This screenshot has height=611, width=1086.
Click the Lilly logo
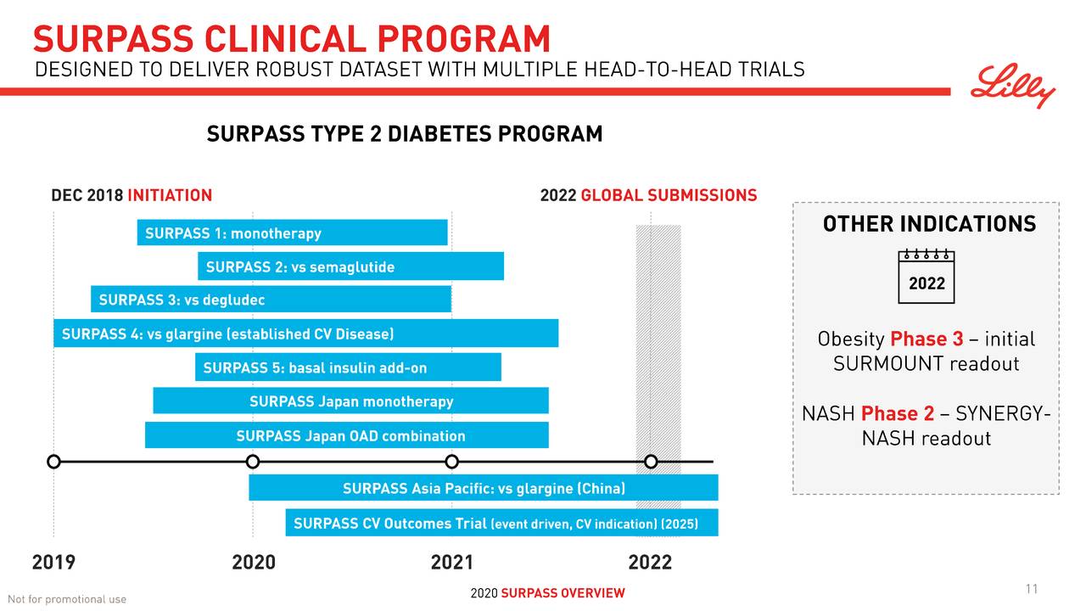[1013, 86]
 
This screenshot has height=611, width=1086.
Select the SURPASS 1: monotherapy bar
[292, 233]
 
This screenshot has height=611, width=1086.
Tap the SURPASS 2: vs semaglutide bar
[350, 266]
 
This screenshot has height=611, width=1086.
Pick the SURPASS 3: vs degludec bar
[271, 300]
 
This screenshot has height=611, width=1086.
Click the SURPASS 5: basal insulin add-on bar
[348, 367]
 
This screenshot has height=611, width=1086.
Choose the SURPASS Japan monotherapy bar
[350, 401]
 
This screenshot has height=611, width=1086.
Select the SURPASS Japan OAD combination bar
[346, 435]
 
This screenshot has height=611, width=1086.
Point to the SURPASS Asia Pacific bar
[483, 488]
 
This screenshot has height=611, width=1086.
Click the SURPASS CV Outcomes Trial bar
[501, 523]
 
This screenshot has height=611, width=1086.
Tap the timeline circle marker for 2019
[53, 462]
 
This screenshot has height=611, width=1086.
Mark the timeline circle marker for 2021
[451, 462]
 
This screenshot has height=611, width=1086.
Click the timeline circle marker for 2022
[651, 462]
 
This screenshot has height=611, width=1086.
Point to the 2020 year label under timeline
[253, 562]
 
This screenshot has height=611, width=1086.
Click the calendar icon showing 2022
[926, 277]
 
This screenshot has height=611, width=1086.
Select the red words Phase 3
[926, 339]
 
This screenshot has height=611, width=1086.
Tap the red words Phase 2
[897, 413]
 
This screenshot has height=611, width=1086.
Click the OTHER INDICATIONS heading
[929, 224]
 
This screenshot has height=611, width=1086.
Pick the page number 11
[1032, 590]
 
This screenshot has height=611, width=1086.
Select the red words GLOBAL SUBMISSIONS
[669, 196]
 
